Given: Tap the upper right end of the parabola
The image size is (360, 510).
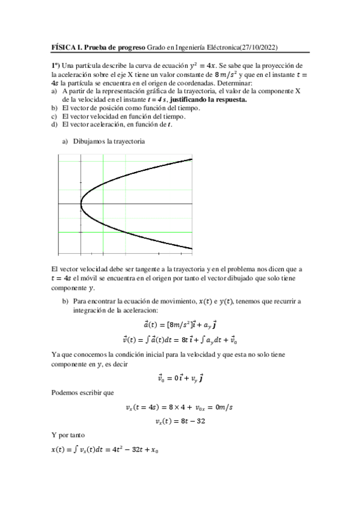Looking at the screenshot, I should coord(191,159).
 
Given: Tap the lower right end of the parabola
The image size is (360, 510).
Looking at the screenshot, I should coord(191,248).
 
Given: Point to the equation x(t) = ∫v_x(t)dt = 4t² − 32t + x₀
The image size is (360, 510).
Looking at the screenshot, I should coord(108,449).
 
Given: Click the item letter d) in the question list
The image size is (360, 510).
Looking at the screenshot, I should coord(55,124).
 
